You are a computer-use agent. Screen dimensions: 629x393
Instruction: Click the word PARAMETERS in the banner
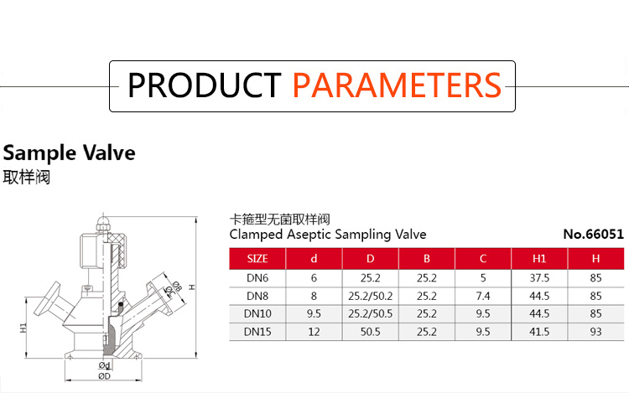click(397, 85)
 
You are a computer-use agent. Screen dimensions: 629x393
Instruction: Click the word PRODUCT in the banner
click(204, 85)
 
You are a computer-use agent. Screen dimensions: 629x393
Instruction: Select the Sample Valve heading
click(69, 153)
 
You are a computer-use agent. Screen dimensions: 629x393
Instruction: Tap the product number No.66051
click(593, 234)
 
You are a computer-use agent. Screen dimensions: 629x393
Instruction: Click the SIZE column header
click(257, 259)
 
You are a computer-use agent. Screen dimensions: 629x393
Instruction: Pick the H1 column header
click(539, 259)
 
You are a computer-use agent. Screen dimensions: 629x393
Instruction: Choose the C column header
click(483, 259)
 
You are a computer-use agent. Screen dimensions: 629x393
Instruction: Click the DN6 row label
click(257, 277)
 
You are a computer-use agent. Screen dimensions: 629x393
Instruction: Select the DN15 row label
click(257, 332)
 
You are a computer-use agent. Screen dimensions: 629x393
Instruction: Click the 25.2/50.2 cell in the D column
click(370, 296)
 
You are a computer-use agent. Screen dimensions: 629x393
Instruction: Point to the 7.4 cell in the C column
click(483, 296)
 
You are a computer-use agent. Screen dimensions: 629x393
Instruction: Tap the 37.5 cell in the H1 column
click(539, 277)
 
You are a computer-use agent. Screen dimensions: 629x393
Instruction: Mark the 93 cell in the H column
click(595, 332)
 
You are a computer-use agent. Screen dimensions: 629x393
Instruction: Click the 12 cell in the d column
click(314, 332)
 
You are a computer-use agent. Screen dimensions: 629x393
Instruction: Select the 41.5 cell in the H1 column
click(539, 332)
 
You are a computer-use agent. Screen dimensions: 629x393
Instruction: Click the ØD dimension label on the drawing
click(104, 376)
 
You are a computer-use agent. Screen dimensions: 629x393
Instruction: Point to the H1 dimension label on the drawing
click(23, 328)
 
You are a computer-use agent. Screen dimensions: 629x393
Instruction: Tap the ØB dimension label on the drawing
click(177, 287)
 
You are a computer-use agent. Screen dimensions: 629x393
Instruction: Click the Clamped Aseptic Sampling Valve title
click(328, 235)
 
